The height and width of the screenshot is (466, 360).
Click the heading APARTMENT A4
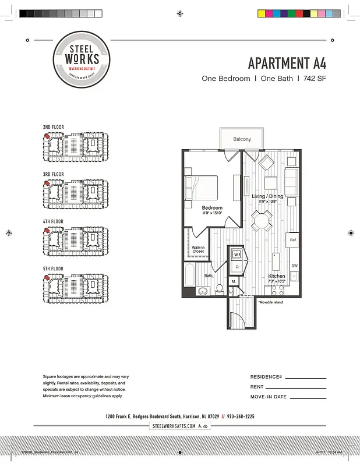[x=287, y=62]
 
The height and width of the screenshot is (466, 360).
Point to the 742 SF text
[x=313, y=78]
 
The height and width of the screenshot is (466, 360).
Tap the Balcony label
[x=242, y=139]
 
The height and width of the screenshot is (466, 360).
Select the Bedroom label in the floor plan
[x=212, y=208]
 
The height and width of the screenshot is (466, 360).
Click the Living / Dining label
[x=267, y=196]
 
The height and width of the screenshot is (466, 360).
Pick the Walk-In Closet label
[x=198, y=249]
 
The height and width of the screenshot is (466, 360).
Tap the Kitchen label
[x=277, y=276]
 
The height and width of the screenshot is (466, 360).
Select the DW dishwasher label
[x=294, y=266]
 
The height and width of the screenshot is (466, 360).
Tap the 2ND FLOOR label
[x=53, y=127]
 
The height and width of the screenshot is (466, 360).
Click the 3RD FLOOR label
[x=53, y=174]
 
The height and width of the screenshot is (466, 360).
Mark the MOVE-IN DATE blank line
[x=308, y=398]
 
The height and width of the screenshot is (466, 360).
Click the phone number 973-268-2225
[x=241, y=417]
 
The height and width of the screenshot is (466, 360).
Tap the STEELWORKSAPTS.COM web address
[x=173, y=426]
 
